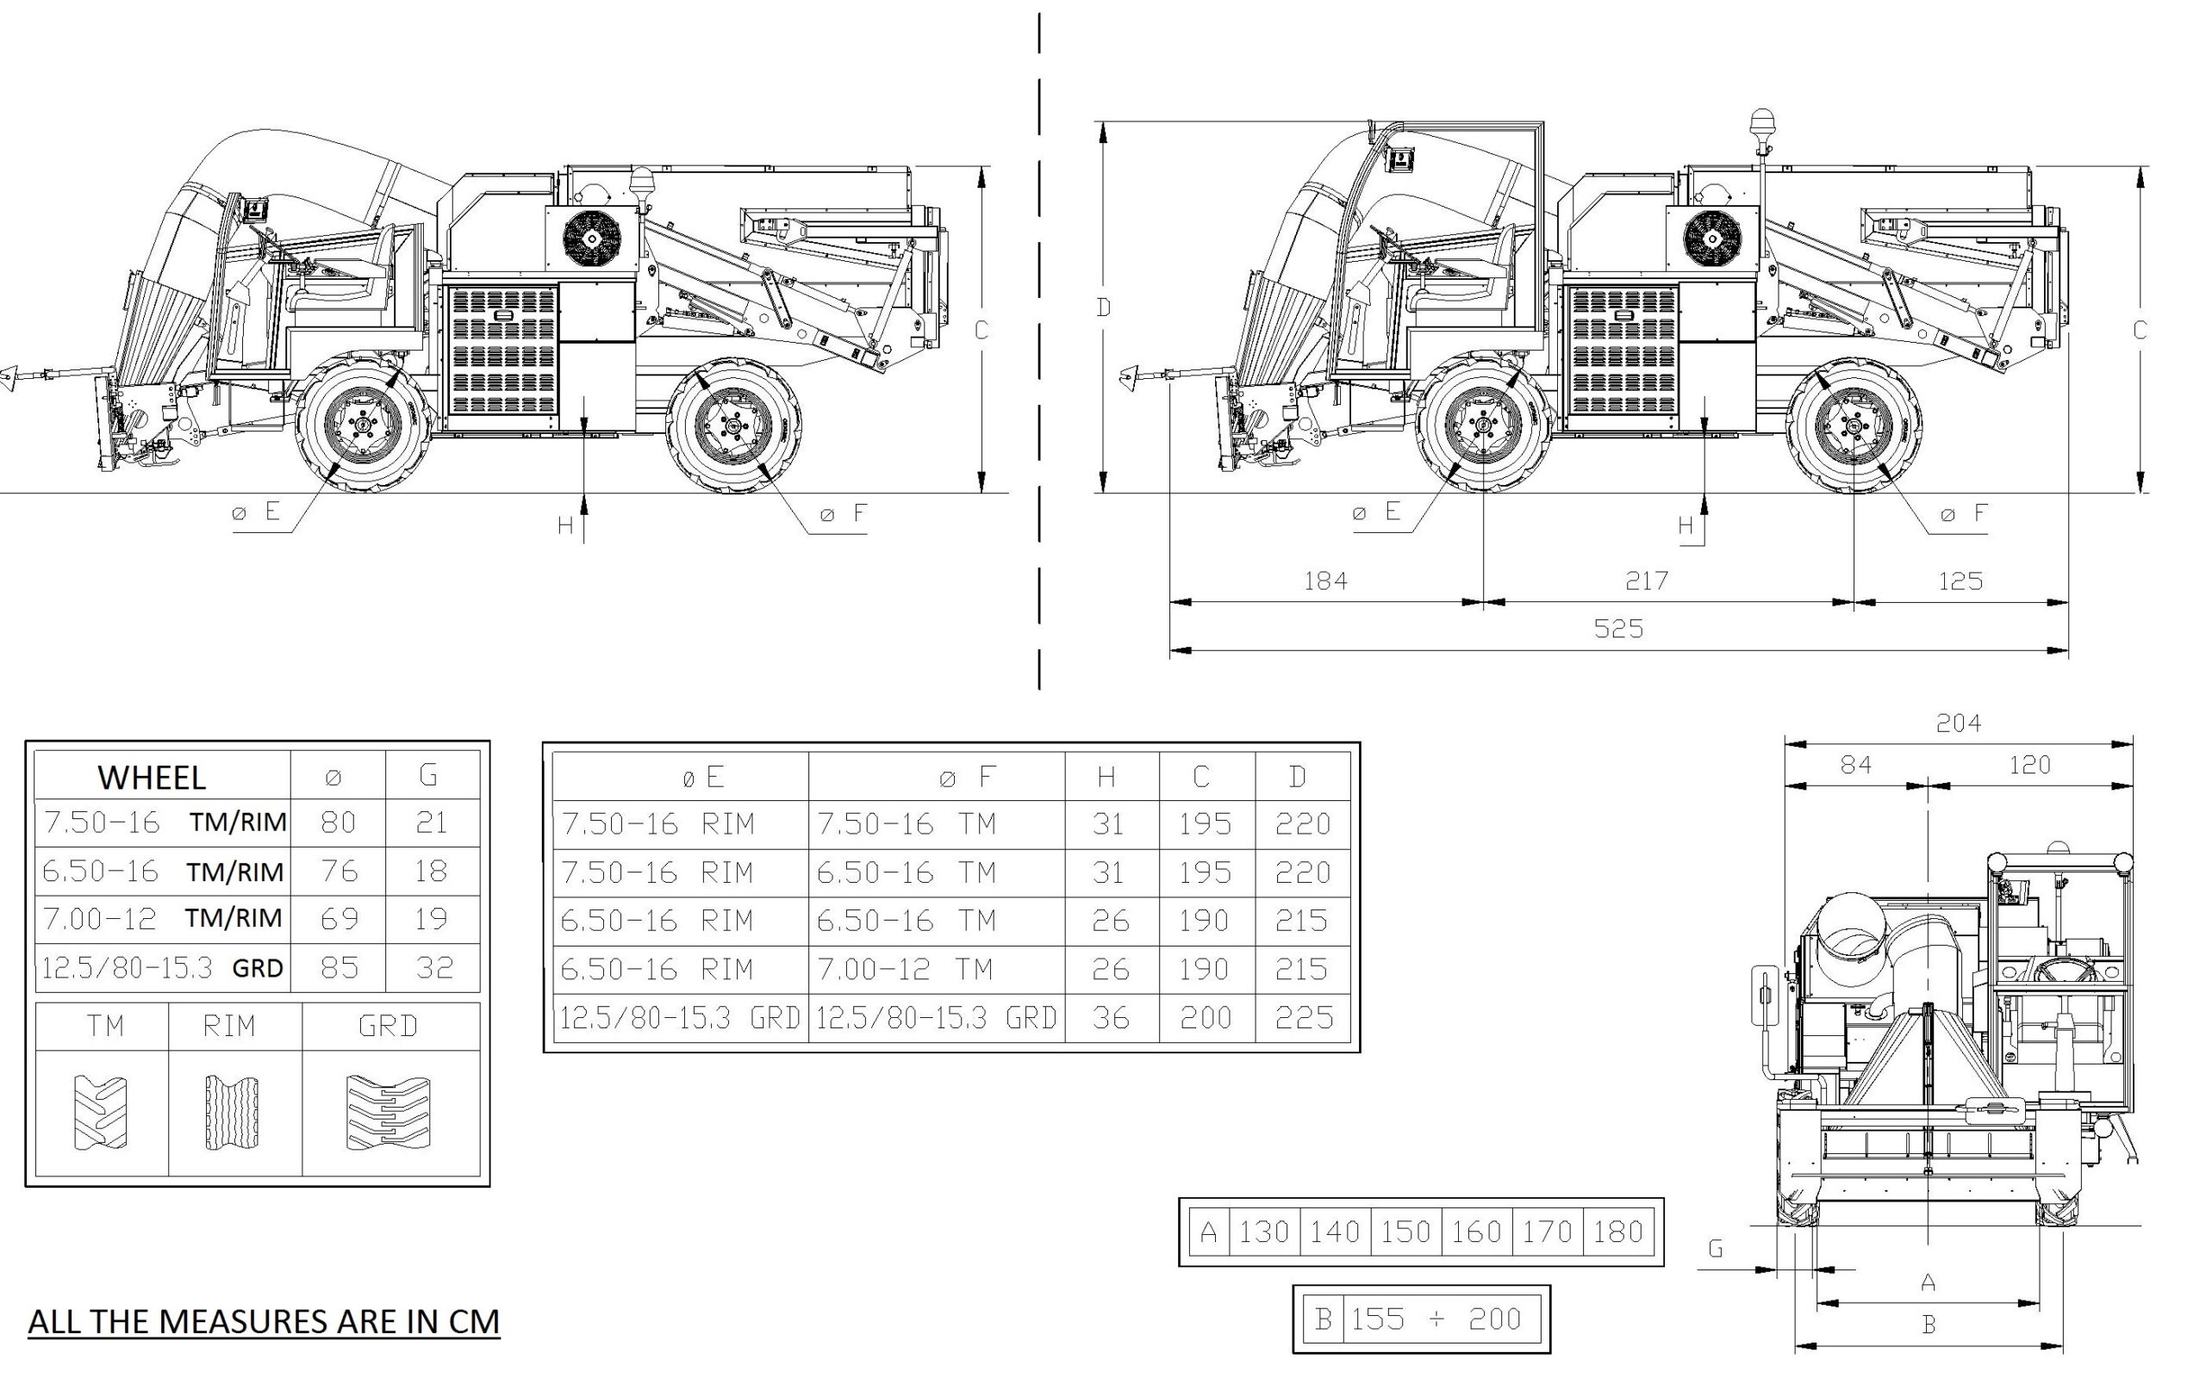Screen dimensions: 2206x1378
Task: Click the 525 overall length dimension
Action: (x=1618, y=629)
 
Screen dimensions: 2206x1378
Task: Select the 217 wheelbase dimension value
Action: (x=1646, y=580)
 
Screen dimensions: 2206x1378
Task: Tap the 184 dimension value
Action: (x=1324, y=580)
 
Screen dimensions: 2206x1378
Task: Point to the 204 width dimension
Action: (x=1958, y=723)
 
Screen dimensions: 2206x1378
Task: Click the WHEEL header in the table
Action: (x=152, y=778)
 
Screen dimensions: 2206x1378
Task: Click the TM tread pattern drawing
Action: (x=100, y=1113)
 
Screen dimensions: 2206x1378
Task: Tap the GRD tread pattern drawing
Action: (x=389, y=1113)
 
